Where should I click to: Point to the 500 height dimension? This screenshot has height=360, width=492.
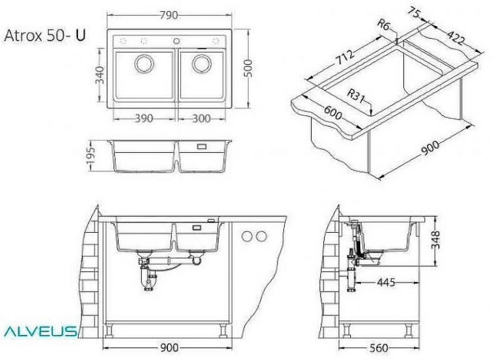tap(248, 68)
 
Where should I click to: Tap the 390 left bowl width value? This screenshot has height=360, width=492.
tap(144, 119)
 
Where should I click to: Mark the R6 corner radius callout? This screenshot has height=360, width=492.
tap(385, 26)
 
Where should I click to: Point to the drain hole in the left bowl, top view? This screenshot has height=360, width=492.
tap(144, 64)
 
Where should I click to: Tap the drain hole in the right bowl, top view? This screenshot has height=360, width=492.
tap(201, 64)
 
